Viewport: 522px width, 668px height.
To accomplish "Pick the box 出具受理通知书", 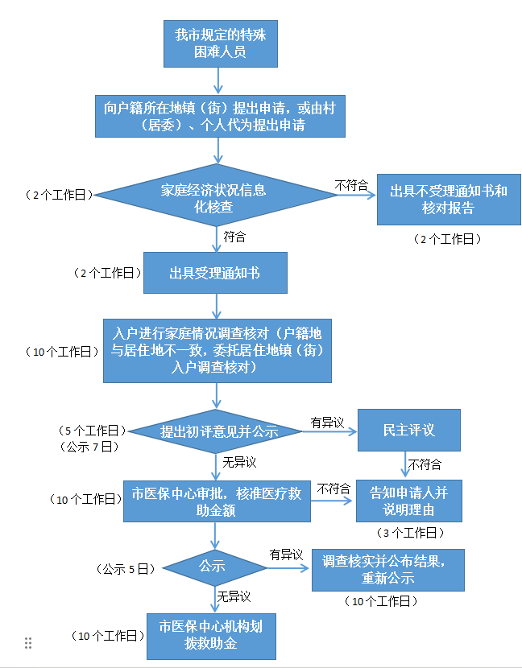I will coord(214,273).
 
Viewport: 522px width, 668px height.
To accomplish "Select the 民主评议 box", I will coord(409,430).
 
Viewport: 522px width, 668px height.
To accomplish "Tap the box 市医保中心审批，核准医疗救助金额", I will coord(217,501).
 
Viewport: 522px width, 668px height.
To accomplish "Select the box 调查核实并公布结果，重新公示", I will coord(388,570).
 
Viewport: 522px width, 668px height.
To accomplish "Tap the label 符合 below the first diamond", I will coord(234,237).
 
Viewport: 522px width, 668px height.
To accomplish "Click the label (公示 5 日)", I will coord(124,568).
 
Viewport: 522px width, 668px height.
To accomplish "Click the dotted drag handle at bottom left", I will coord(28,643).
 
